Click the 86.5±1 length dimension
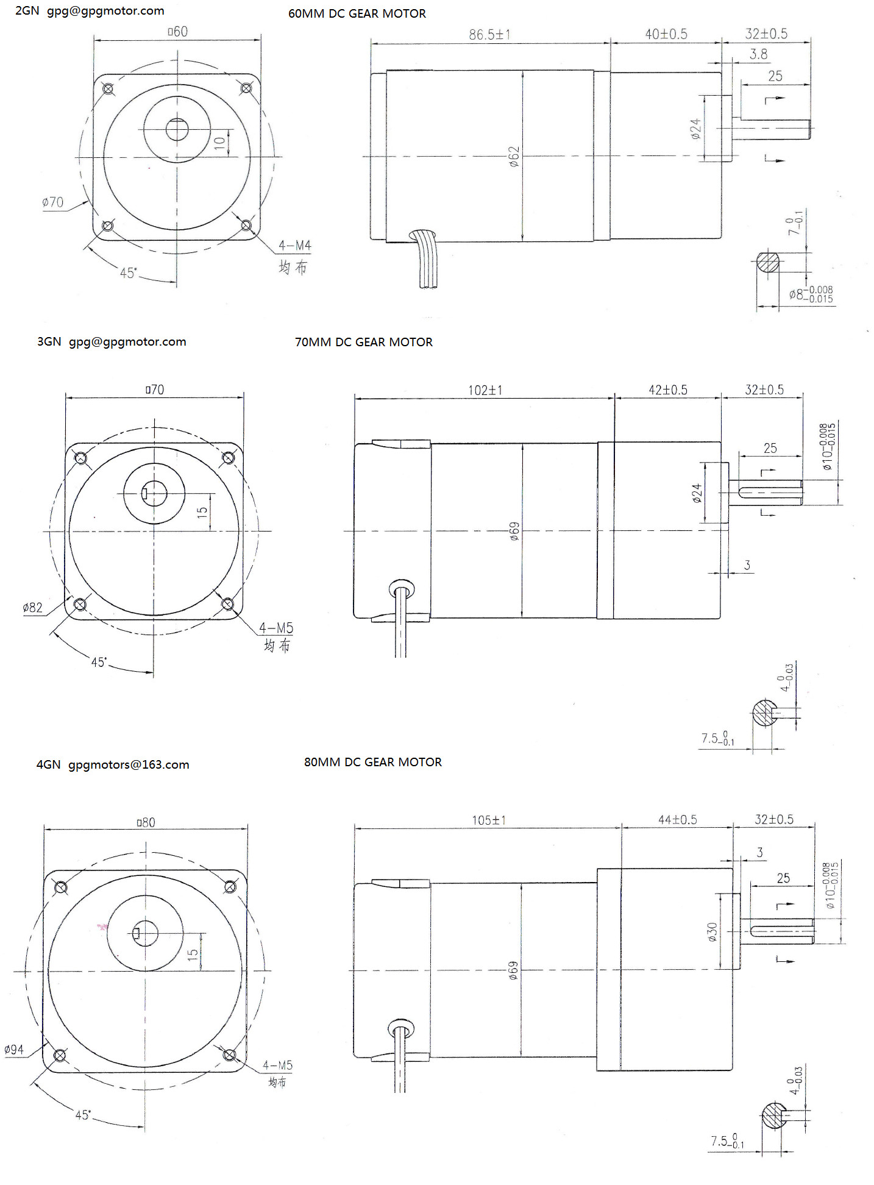tap(489, 35)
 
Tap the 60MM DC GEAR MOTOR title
tap(357, 13)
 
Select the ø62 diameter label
tap(514, 156)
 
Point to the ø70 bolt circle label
tap(52, 202)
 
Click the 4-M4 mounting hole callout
tap(295, 245)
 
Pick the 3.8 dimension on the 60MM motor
tap(758, 54)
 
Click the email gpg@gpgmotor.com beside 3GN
tap(127, 342)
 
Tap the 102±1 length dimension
tap(485, 390)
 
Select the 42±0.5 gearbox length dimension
tap(668, 390)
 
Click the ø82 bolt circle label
tap(33, 607)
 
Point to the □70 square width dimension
tap(155, 390)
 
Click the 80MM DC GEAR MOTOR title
tap(373, 762)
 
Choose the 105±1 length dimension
tap(489, 820)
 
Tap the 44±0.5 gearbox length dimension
tap(677, 819)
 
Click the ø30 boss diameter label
tap(712, 931)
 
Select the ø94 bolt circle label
tap(14, 1049)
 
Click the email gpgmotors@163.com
tap(129, 764)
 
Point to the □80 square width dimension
tap(146, 822)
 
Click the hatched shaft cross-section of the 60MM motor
tap(768, 262)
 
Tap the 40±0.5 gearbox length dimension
tap(666, 34)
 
